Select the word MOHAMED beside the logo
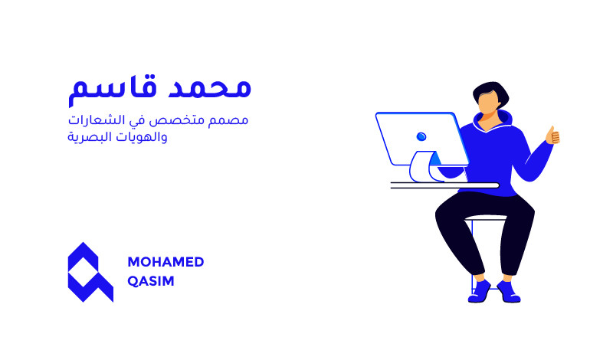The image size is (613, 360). click(x=166, y=262)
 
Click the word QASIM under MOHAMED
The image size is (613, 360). click(x=151, y=281)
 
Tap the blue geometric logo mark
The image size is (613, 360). click(x=90, y=272)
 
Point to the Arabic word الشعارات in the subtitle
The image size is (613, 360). click(x=100, y=122)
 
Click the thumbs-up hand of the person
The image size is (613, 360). click(x=552, y=136)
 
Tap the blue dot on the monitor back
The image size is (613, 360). click(x=421, y=136)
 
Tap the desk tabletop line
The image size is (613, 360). click(x=444, y=185)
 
